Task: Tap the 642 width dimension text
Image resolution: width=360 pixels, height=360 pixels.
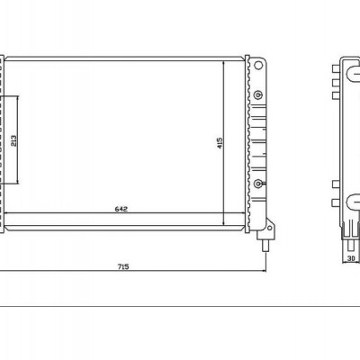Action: coord(121,209)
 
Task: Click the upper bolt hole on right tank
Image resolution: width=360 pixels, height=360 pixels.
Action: coord(260,95)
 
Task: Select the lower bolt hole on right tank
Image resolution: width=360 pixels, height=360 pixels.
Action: coord(260,183)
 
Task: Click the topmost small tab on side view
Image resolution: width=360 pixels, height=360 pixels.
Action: coord(334,72)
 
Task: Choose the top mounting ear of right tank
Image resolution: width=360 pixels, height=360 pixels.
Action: coord(259,67)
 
